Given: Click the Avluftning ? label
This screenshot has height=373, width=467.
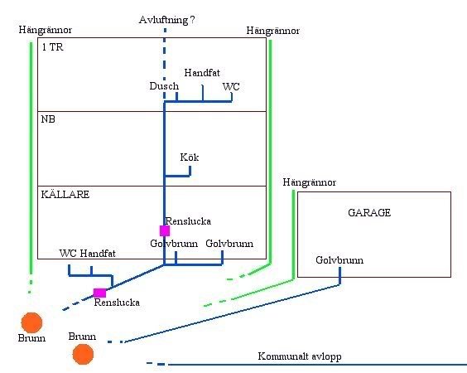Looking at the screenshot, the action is tap(166, 20).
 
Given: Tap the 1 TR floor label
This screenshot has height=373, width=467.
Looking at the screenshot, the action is tap(52, 47).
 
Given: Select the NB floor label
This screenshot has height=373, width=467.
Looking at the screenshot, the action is tap(48, 119).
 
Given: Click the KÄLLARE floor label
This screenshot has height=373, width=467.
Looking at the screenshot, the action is tap(65, 195).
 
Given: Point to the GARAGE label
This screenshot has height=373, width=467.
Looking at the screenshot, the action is tap(369, 212).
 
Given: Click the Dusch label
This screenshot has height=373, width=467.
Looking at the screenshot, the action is tap(164, 86).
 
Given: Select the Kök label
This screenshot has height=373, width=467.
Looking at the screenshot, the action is tap(190, 157).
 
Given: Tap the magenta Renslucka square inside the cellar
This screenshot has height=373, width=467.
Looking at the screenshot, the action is tap(165, 230).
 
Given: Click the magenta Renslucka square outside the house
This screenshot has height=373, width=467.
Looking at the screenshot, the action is tap(99, 293).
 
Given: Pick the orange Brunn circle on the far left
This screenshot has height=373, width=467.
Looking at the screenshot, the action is tap(31, 322).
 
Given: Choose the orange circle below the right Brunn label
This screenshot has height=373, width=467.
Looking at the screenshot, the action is tap(83, 354).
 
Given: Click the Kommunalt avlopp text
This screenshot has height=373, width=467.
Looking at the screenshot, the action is tap(300, 356).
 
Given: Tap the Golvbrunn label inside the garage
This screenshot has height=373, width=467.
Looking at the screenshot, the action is tap(339, 260).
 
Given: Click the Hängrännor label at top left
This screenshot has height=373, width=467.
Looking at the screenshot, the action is tap(46, 30).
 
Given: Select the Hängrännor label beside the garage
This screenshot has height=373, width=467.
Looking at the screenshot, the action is tap(310, 182).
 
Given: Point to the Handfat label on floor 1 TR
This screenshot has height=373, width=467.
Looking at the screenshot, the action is tap(202, 73).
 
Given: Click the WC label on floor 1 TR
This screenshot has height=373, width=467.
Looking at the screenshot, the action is tap(231, 87).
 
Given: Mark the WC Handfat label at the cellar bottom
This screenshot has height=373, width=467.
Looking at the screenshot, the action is tap(87, 254).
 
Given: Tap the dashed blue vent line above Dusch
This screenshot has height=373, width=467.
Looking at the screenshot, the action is tap(165, 64).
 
